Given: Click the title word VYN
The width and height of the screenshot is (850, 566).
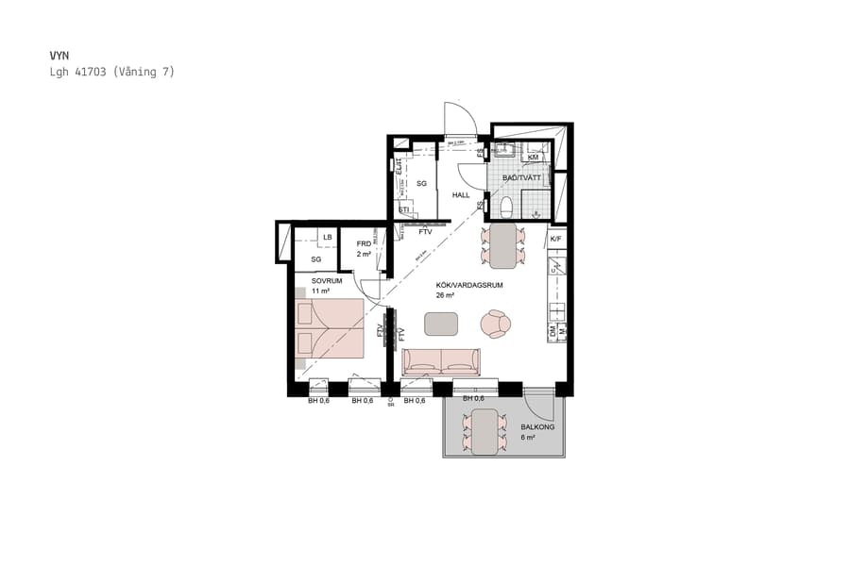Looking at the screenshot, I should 60,56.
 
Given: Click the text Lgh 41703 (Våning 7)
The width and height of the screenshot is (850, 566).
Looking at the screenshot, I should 112,72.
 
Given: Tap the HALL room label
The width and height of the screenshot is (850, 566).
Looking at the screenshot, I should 461,195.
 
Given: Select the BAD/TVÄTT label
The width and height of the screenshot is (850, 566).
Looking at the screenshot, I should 520,177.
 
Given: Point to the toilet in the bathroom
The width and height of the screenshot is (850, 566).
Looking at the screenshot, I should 506,205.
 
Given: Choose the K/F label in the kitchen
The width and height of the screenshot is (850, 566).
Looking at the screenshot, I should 556,240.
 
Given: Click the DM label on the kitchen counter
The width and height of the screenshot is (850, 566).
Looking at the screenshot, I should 553,330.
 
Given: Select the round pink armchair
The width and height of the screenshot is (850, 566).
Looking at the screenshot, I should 495,324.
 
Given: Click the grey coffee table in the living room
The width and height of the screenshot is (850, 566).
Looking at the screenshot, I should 440,324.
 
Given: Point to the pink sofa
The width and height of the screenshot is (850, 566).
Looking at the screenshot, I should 441,362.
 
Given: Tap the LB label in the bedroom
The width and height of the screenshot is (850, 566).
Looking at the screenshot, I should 327,237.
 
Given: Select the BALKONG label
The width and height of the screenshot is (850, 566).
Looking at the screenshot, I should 536,427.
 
